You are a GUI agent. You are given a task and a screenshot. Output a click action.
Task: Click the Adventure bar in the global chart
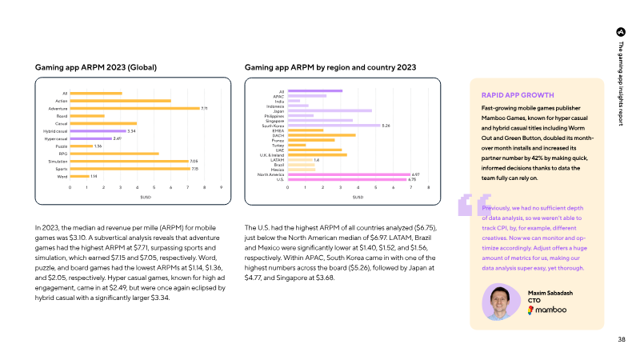point(134,108)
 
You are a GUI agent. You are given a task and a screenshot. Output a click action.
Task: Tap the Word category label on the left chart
point(62,176)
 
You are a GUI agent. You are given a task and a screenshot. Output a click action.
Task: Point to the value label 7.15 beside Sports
point(194,169)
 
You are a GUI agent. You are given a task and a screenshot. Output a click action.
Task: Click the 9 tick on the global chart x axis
point(221,186)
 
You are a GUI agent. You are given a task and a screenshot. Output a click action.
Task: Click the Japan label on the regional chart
point(279,110)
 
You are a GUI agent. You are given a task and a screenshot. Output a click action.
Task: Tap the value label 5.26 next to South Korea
point(386,126)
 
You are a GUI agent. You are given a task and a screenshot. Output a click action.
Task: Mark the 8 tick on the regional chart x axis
point(429,187)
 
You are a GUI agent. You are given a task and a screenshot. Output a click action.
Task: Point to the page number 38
point(622,340)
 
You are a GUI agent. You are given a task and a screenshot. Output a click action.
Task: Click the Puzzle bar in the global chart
point(81,146)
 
